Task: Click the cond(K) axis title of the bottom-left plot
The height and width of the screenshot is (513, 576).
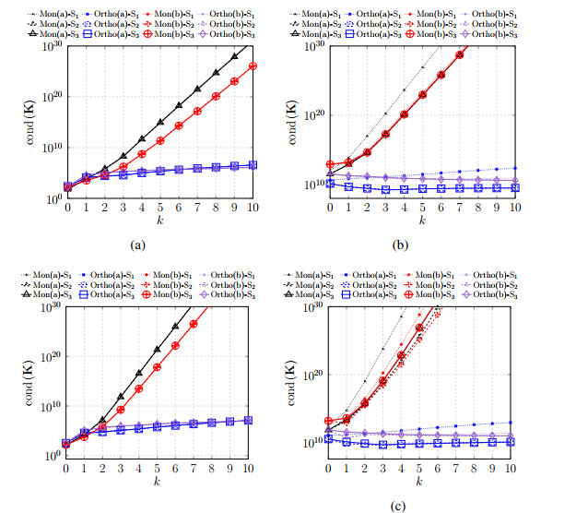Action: [35, 377]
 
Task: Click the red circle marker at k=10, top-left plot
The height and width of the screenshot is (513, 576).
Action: [253, 66]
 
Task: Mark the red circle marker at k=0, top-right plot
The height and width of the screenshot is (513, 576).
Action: [330, 164]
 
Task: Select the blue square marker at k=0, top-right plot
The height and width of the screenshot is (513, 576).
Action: [330, 184]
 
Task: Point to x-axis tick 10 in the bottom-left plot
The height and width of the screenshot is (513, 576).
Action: [249, 471]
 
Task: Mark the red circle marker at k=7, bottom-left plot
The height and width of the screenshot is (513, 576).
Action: [194, 324]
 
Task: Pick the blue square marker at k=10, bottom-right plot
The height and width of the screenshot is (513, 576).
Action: [512, 442]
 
